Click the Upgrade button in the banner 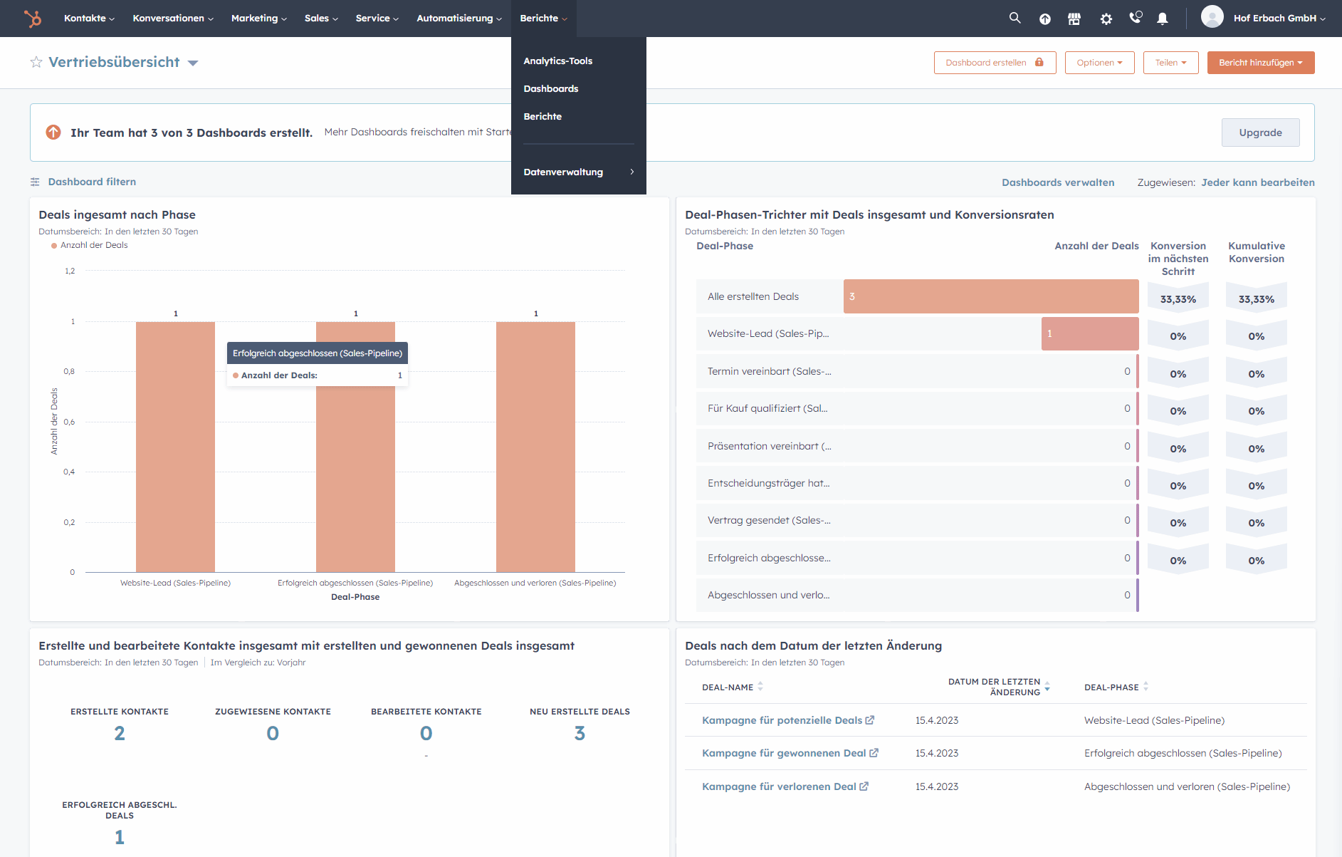(1260, 133)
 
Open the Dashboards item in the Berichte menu (550, 88)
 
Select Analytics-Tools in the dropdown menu (557, 61)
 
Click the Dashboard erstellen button (994, 63)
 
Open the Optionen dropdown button (1099, 63)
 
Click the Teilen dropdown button (1170, 63)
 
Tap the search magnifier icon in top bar (1015, 18)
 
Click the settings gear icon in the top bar (1106, 19)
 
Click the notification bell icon (1162, 19)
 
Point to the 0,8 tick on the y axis (69, 371)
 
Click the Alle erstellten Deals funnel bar (990, 296)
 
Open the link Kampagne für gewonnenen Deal (783, 753)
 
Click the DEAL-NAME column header (728, 687)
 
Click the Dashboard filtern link (92, 182)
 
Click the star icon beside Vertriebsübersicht (36, 62)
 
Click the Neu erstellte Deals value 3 (580, 733)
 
